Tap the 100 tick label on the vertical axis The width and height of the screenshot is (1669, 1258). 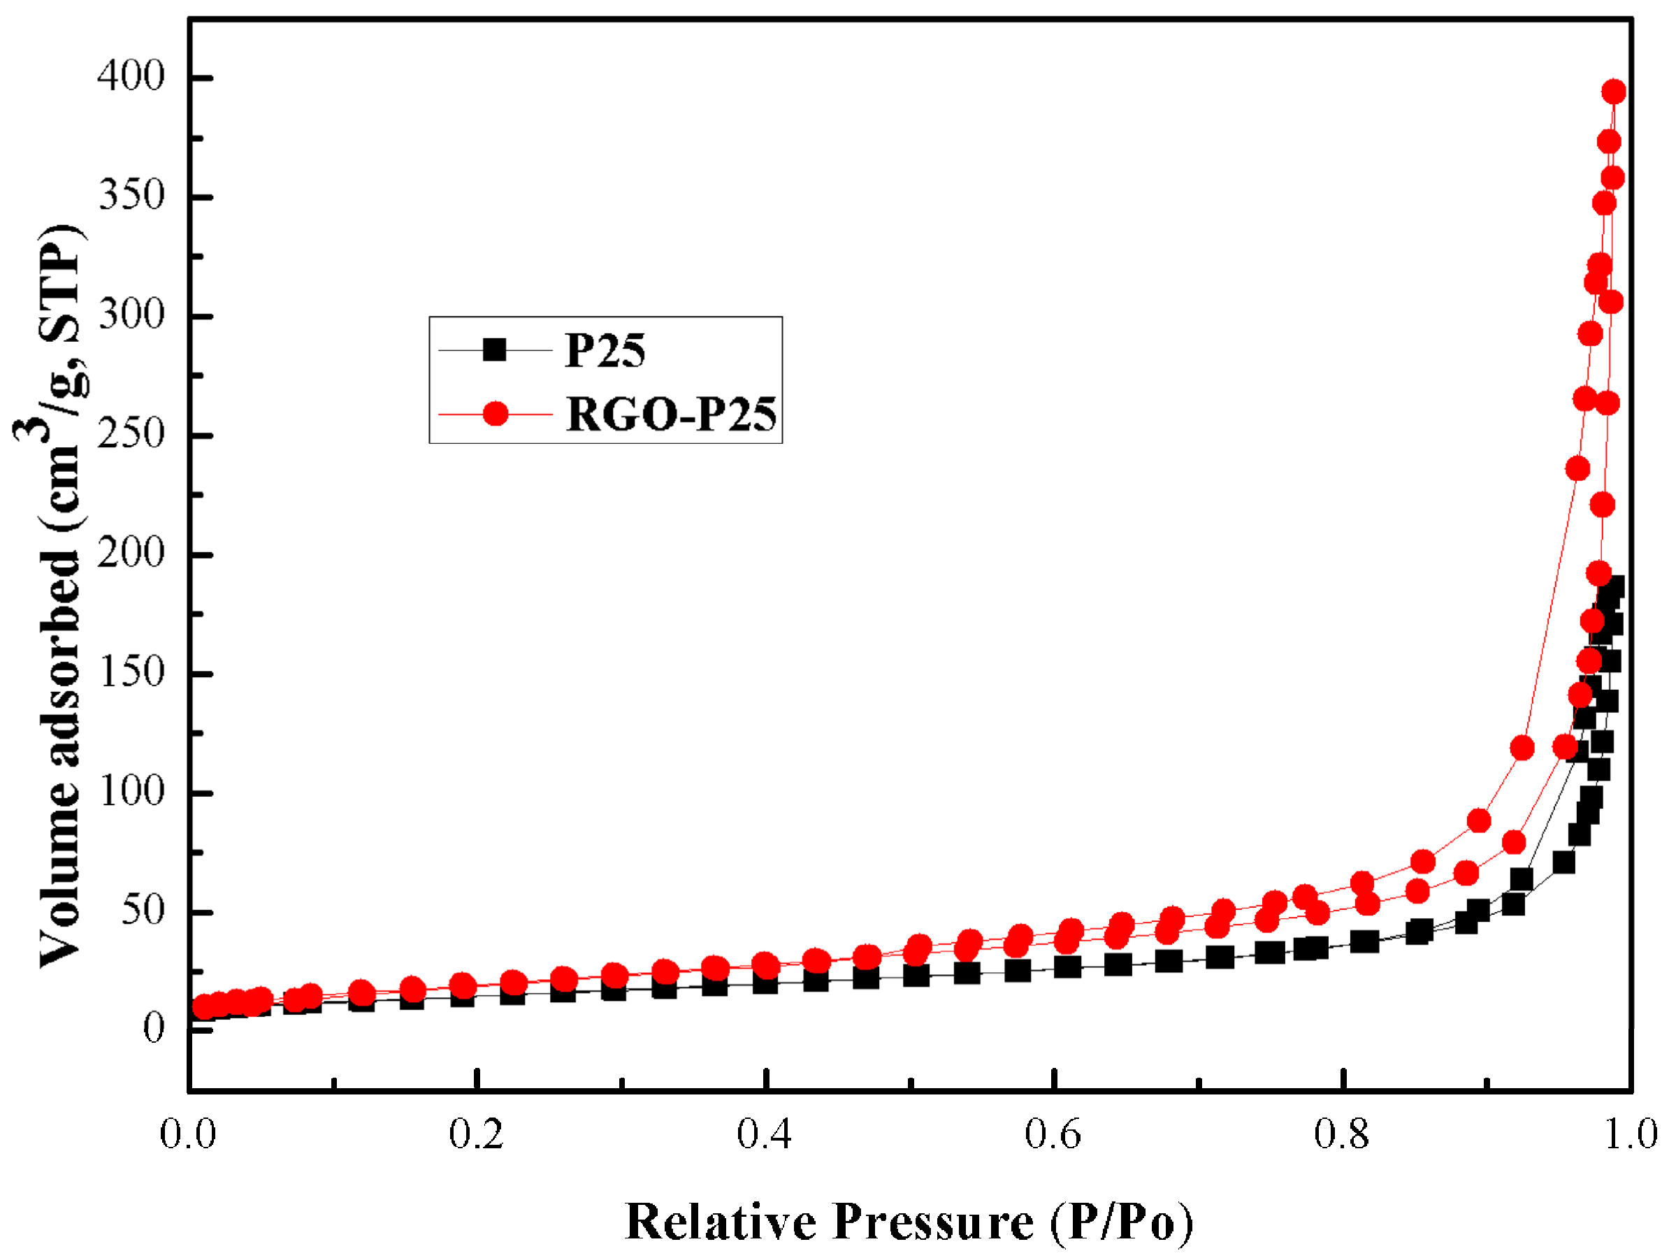(x=131, y=792)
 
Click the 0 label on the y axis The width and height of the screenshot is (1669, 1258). (x=153, y=1028)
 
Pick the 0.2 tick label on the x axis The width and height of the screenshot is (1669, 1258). (x=476, y=1134)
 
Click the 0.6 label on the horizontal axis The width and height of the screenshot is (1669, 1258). (x=1053, y=1134)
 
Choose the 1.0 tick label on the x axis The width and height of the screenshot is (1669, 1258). (x=1631, y=1134)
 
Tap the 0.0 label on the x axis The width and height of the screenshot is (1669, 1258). (x=188, y=1134)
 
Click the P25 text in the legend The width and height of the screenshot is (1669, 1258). (x=605, y=351)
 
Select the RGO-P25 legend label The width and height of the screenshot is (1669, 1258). (x=671, y=414)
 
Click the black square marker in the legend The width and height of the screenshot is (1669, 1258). (x=495, y=350)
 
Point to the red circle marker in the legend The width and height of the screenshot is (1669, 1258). (x=496, y=414)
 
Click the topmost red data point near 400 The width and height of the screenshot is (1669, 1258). (x=1613, y=92)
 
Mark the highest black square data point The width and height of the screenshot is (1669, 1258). (x=1612, y=587)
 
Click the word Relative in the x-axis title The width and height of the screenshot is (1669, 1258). (x=721, y=1222)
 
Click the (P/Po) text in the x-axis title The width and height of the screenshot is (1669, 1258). (x=1121, y=1222)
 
